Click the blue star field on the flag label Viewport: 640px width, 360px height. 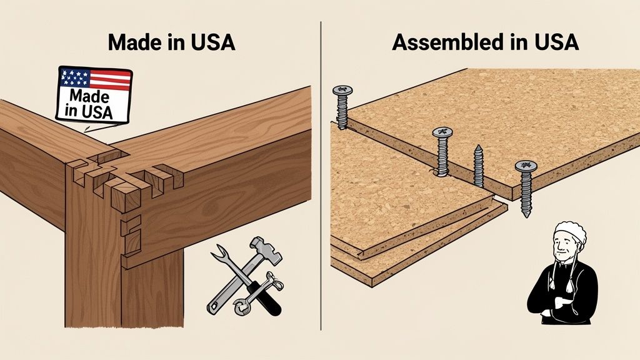[74, 78]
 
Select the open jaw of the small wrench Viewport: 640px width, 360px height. [239, 308]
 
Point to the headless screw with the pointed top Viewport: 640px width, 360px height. [478, 164]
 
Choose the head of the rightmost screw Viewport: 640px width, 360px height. [526, 166]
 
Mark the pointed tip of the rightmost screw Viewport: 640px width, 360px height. [527, 214]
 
